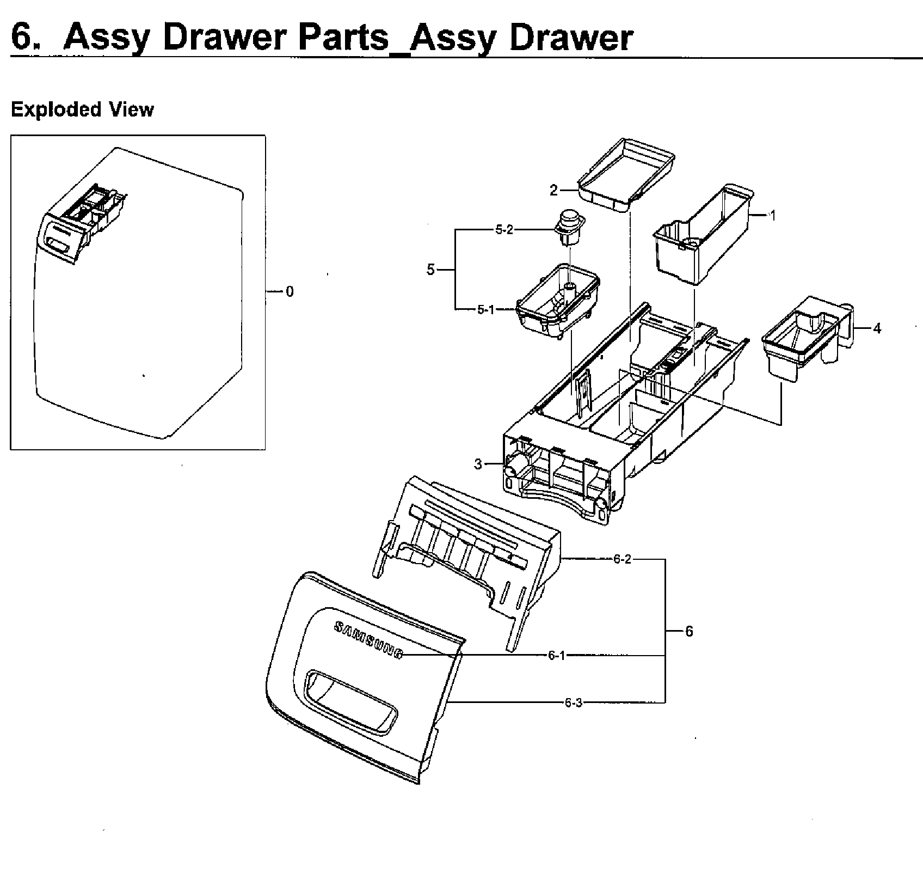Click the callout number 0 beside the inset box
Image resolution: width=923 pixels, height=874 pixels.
point(290,292)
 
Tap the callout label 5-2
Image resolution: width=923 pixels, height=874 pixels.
point(503,230)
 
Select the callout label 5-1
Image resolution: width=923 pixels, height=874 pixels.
point(485,310)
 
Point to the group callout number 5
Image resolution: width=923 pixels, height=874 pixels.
point(430,270)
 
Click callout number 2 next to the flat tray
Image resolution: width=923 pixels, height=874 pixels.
point(553,190)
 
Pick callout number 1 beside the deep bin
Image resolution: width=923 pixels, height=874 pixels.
point(772,215)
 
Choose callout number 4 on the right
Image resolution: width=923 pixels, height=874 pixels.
point(877,328)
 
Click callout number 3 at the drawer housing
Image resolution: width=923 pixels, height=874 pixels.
point(478,464)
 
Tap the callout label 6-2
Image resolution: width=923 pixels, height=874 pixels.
point(622,559)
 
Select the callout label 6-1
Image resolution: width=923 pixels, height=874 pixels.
point(557,656)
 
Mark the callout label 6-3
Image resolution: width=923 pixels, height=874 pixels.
point(573,703)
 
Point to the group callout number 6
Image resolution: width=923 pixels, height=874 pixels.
point(689,631)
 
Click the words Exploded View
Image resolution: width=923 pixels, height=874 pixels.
point(82,109)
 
